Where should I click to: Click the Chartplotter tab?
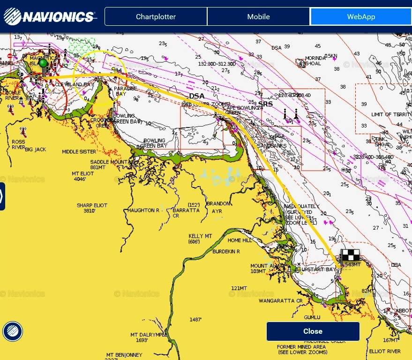156,17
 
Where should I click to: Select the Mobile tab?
258,17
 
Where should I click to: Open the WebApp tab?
360,17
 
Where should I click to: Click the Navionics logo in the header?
49,17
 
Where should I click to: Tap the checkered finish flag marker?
350,256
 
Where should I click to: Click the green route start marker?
43,63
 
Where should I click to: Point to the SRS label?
265,104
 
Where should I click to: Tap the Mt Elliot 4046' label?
82,176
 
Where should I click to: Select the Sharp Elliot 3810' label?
92,208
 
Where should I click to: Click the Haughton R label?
143,210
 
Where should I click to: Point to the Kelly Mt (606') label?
201,239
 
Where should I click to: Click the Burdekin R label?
226,252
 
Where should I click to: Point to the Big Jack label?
36,150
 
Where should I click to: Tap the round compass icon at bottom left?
12,331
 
